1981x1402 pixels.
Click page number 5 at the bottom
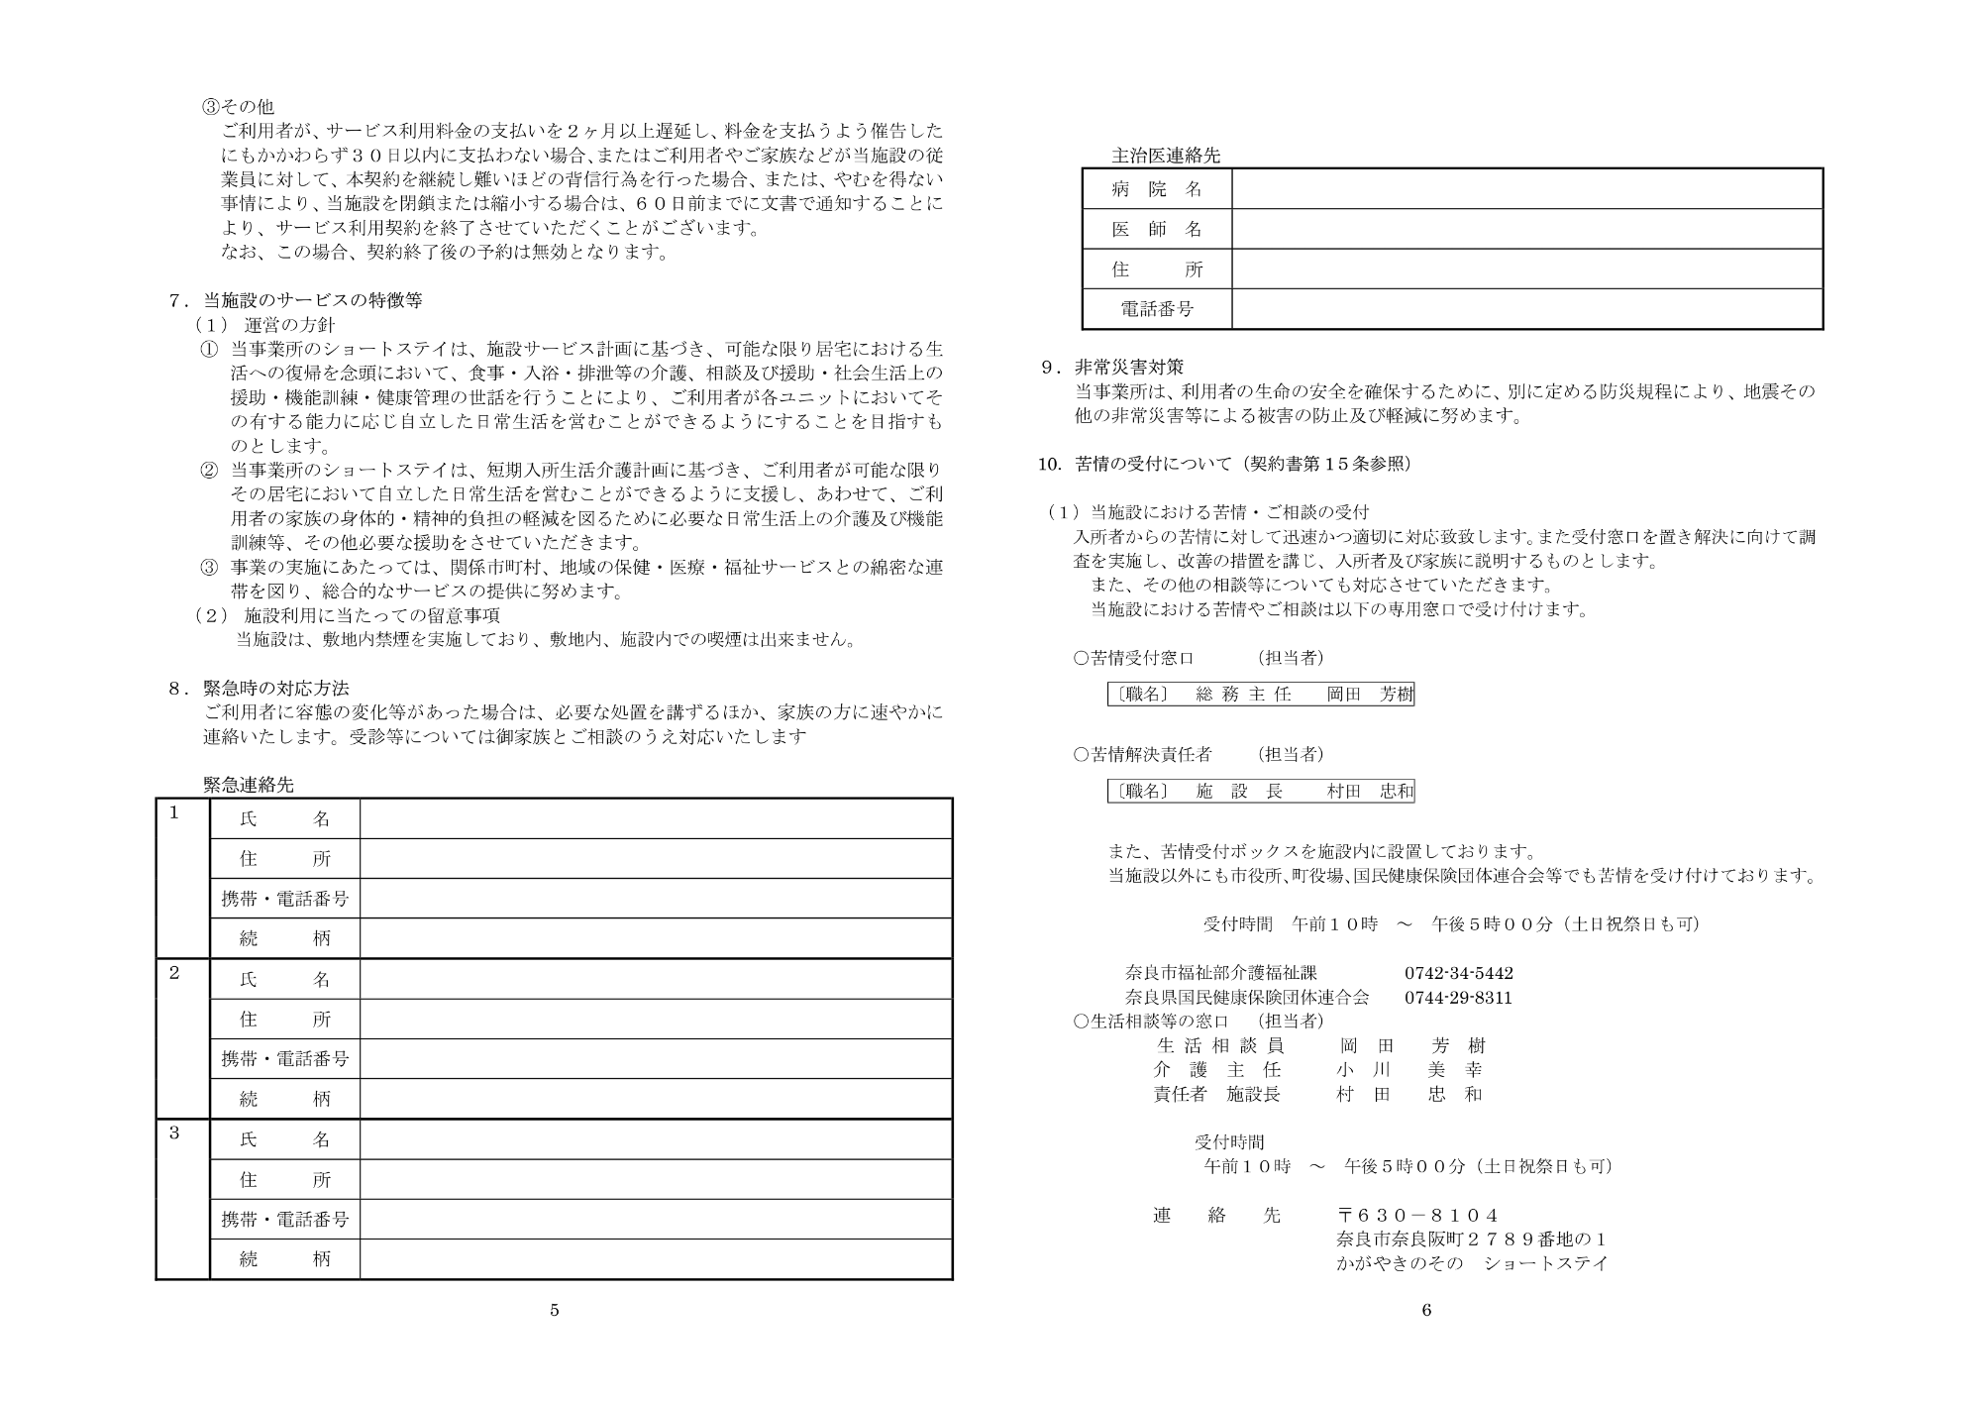coord(554,1310)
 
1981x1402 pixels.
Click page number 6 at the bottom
coord(1426,1310)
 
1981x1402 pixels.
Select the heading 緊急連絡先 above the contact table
coord(248,785)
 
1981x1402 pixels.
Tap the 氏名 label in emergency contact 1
coord(284,818)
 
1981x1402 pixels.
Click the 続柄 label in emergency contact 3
coord(284,1259)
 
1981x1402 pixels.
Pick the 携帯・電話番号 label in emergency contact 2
coord(284,1059)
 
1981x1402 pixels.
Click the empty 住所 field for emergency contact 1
coord(655,859)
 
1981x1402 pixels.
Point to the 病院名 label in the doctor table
coord(1156,189)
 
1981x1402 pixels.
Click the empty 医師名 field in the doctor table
coord(1526,229)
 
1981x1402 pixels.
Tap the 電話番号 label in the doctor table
coord(1156,309)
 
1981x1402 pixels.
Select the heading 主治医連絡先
coord(1166,156)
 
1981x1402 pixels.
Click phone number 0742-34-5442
coord(1458,973)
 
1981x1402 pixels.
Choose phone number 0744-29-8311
coord(1458,998)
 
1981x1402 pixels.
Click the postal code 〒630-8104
coord(1417,1216)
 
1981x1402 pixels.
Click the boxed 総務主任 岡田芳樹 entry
coord(1260,695)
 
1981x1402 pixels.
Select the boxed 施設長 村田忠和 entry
coord(1260,792)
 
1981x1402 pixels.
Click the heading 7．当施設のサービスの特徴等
coord(296,300)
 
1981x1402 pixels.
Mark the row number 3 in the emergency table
coord(174,1132)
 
